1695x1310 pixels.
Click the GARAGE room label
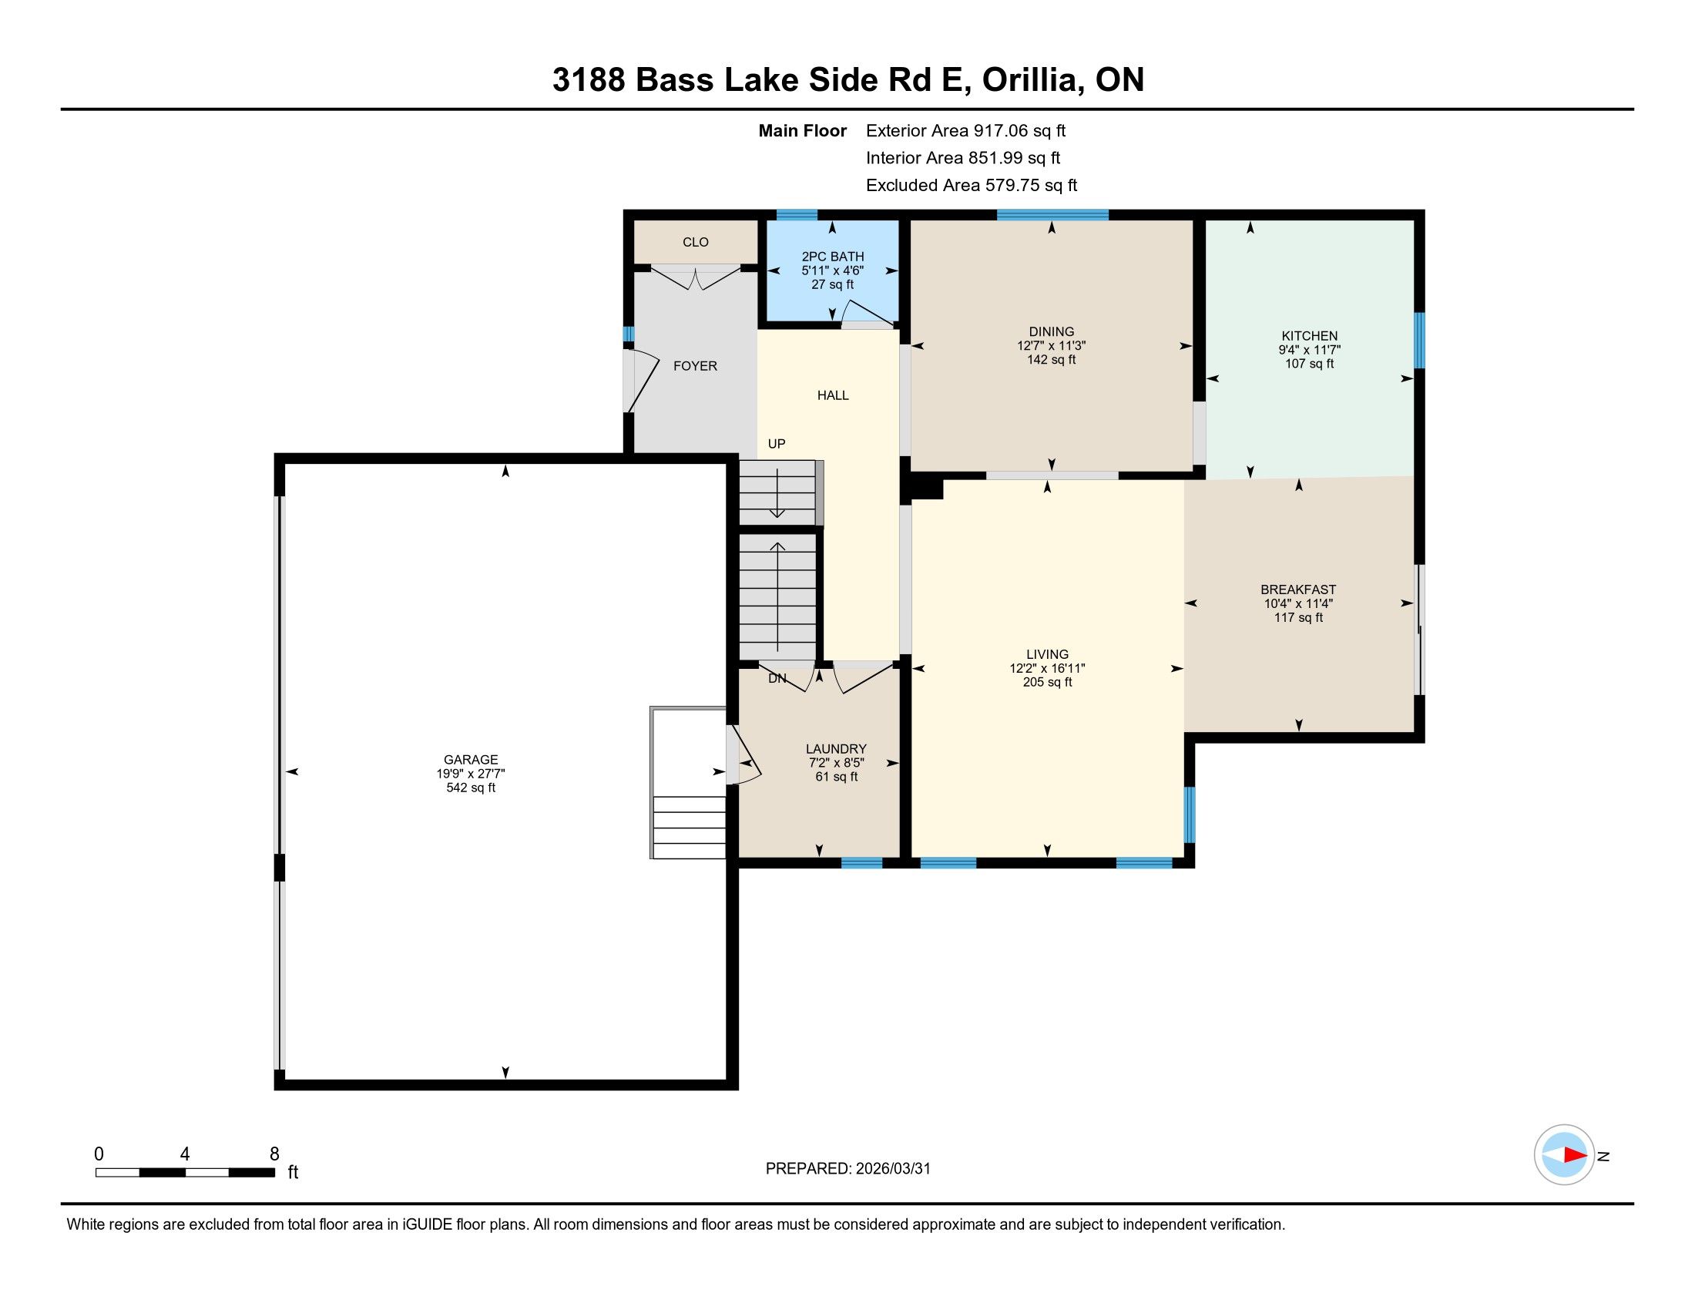470,760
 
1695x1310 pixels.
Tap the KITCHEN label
1309,336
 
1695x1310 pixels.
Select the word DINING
1052,331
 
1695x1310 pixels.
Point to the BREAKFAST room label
1298,589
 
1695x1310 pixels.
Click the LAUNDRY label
836,749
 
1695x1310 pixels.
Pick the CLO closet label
696,242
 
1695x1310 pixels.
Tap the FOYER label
696,366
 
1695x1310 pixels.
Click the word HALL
833,396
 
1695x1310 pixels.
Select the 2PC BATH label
833,257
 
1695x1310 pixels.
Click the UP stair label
777,444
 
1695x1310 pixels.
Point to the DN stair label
777,678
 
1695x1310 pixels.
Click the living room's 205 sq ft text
1047,682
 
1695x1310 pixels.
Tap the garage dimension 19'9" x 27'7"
470,774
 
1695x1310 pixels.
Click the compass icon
1565,1155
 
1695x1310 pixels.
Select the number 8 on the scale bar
274,1154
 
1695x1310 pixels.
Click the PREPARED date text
847,1169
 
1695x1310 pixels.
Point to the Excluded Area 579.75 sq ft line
972,186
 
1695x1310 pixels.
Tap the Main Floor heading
803,131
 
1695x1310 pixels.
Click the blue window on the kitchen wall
1419,340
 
